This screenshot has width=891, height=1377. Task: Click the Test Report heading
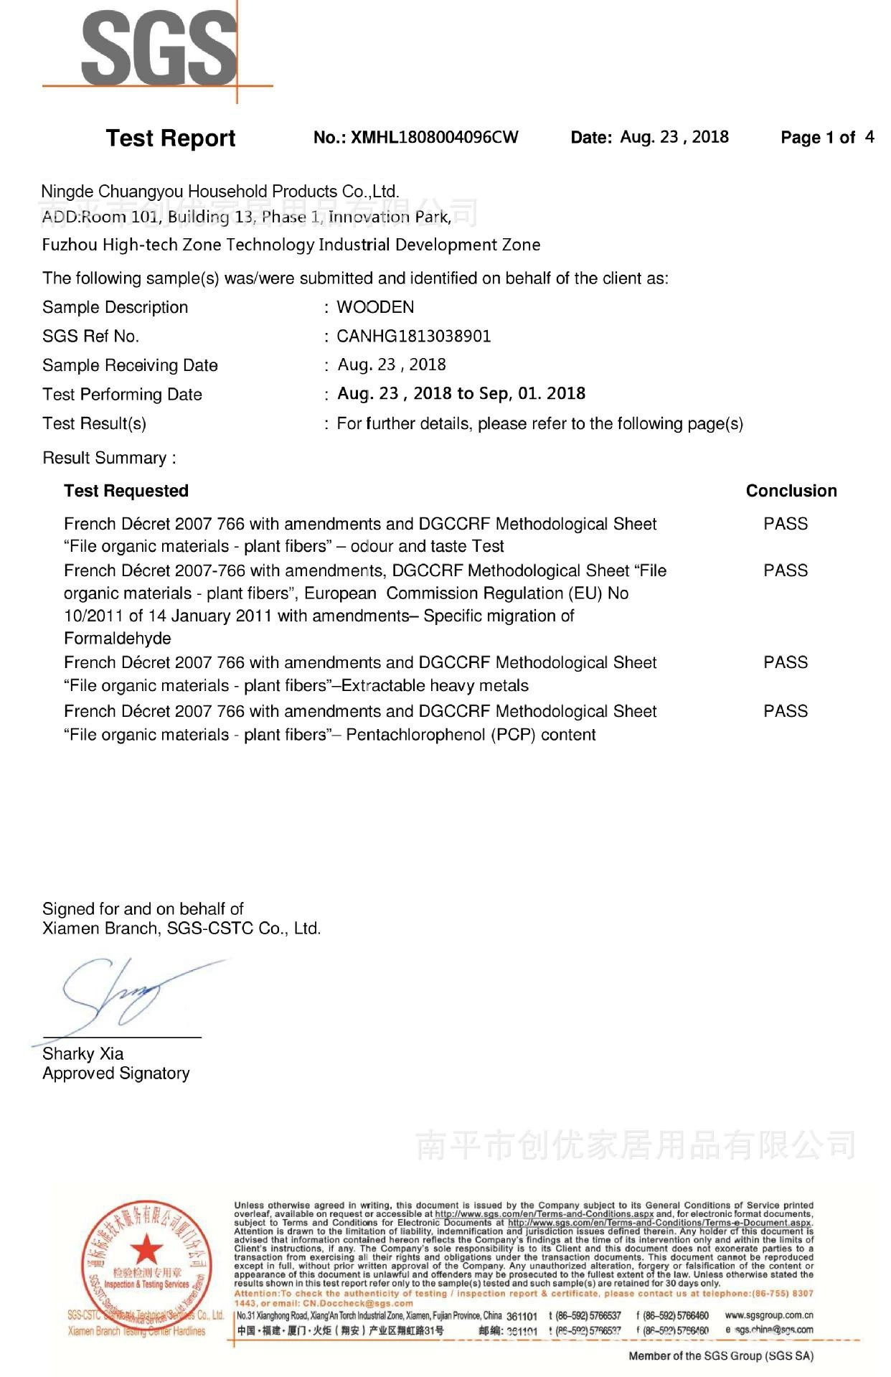[x=170, y=138]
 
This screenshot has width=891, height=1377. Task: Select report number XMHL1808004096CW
[x=416, y=137]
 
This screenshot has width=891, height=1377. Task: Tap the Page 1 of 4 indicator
[x=826, y=137]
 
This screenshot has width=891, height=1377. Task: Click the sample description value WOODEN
[x=375, y=307]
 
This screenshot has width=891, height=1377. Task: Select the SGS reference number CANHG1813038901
[x=414, y=336]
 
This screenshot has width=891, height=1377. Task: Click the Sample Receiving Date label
[x=130, y=365]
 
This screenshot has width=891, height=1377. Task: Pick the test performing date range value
[x=461, y=393]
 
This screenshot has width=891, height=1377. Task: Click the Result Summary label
[x=109, y=458]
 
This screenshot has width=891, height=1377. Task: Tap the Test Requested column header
[x=126, y=491]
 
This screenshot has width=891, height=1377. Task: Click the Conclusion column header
[x=791, y=491]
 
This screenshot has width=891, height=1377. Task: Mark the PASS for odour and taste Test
[x=785, y=524]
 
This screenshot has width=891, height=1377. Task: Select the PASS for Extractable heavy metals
[x=785, y=662]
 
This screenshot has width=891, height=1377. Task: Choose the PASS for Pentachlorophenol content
[x=785, y=711]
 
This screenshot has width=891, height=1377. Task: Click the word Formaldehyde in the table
[x=118, y=639]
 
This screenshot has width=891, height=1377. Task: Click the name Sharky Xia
[x=82, y=1053]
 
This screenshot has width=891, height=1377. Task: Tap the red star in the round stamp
[x=147, y=1249]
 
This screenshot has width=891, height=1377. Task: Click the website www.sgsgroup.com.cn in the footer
[x=768, y=1315]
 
